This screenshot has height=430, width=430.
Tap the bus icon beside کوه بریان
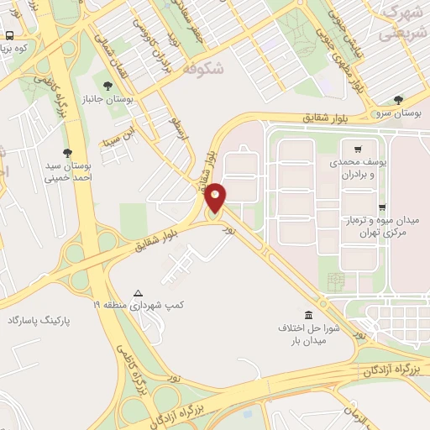[9, 36]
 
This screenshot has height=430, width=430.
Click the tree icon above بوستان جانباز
[107, 86]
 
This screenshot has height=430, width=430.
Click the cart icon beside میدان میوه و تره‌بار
[382, 206]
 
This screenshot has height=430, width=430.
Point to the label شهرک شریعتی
[399, 23]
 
